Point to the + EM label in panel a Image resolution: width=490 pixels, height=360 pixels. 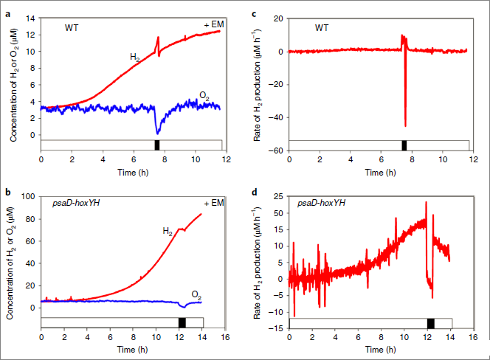pyautogui.click(x=214, y=25)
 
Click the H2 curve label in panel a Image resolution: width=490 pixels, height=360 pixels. pyautogui.click(x=136, y=56)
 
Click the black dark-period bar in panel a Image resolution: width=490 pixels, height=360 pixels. pyautogui.click(x=156, y=144)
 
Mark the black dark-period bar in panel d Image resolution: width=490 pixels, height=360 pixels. pyautogui.click(x=431, y=322)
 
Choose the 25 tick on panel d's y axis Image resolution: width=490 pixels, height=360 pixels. pyautogui.click(x=277, y=195)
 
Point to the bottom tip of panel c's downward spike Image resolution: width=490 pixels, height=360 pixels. pyautogui.click(x=405, y=126)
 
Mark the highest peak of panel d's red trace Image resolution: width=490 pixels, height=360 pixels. pyautogui.click(x=426, y=202)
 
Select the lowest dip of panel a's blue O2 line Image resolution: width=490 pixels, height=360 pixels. pyautogui.click(x=158, y=134)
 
